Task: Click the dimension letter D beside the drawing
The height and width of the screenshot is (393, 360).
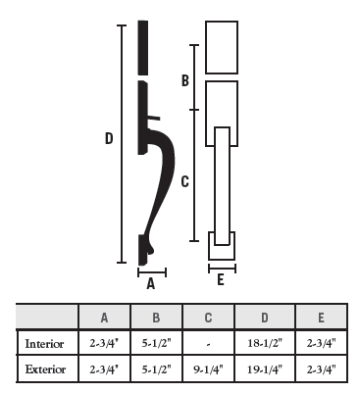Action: [109, 138]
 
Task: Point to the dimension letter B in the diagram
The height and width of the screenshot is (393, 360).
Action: [185, 80]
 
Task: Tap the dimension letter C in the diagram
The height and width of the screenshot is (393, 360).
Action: [185, 181]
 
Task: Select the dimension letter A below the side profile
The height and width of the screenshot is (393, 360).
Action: [150, 283]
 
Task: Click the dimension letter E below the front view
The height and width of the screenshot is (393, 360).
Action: [221, 280]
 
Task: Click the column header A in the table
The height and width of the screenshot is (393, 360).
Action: [104, 318]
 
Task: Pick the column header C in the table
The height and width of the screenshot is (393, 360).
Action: [208, 318]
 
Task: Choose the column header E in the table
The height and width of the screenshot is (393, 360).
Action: [321, 318]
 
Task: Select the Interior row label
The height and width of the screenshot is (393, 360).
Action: [44, 344]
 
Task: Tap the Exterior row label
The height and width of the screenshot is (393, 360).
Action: [45, 369]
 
